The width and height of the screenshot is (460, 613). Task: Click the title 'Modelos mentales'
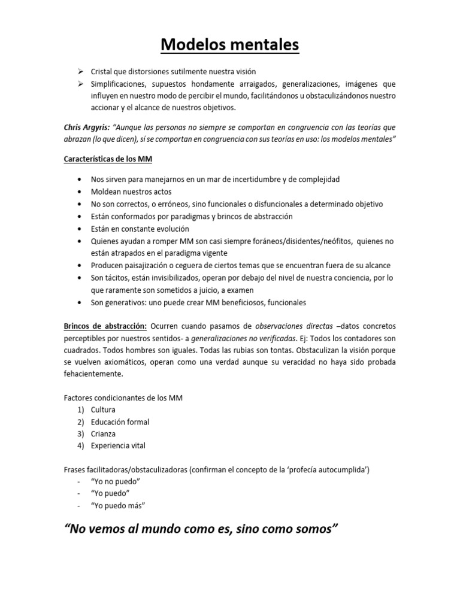(x=230, y=45)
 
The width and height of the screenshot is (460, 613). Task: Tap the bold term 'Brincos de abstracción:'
(x=105, y=325)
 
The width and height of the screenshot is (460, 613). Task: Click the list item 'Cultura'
(x=103, y=410)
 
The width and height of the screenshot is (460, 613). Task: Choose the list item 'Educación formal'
(x=120, y=422)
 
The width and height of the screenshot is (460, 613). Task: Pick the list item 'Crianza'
(x=103, y=433)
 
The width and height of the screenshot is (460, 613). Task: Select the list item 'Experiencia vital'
(x=118, y=445)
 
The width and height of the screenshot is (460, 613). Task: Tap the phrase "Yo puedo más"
(x=118, y=506)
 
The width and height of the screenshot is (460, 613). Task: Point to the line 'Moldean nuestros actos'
(x=131, y=192)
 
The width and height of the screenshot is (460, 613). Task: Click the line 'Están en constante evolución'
(x=140, y=229)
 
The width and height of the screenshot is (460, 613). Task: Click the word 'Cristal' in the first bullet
(x=102, y=72)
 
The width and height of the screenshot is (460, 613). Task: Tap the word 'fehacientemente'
(x=92, y=374)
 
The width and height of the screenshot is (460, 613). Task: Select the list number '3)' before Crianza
(x=80, y=433)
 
